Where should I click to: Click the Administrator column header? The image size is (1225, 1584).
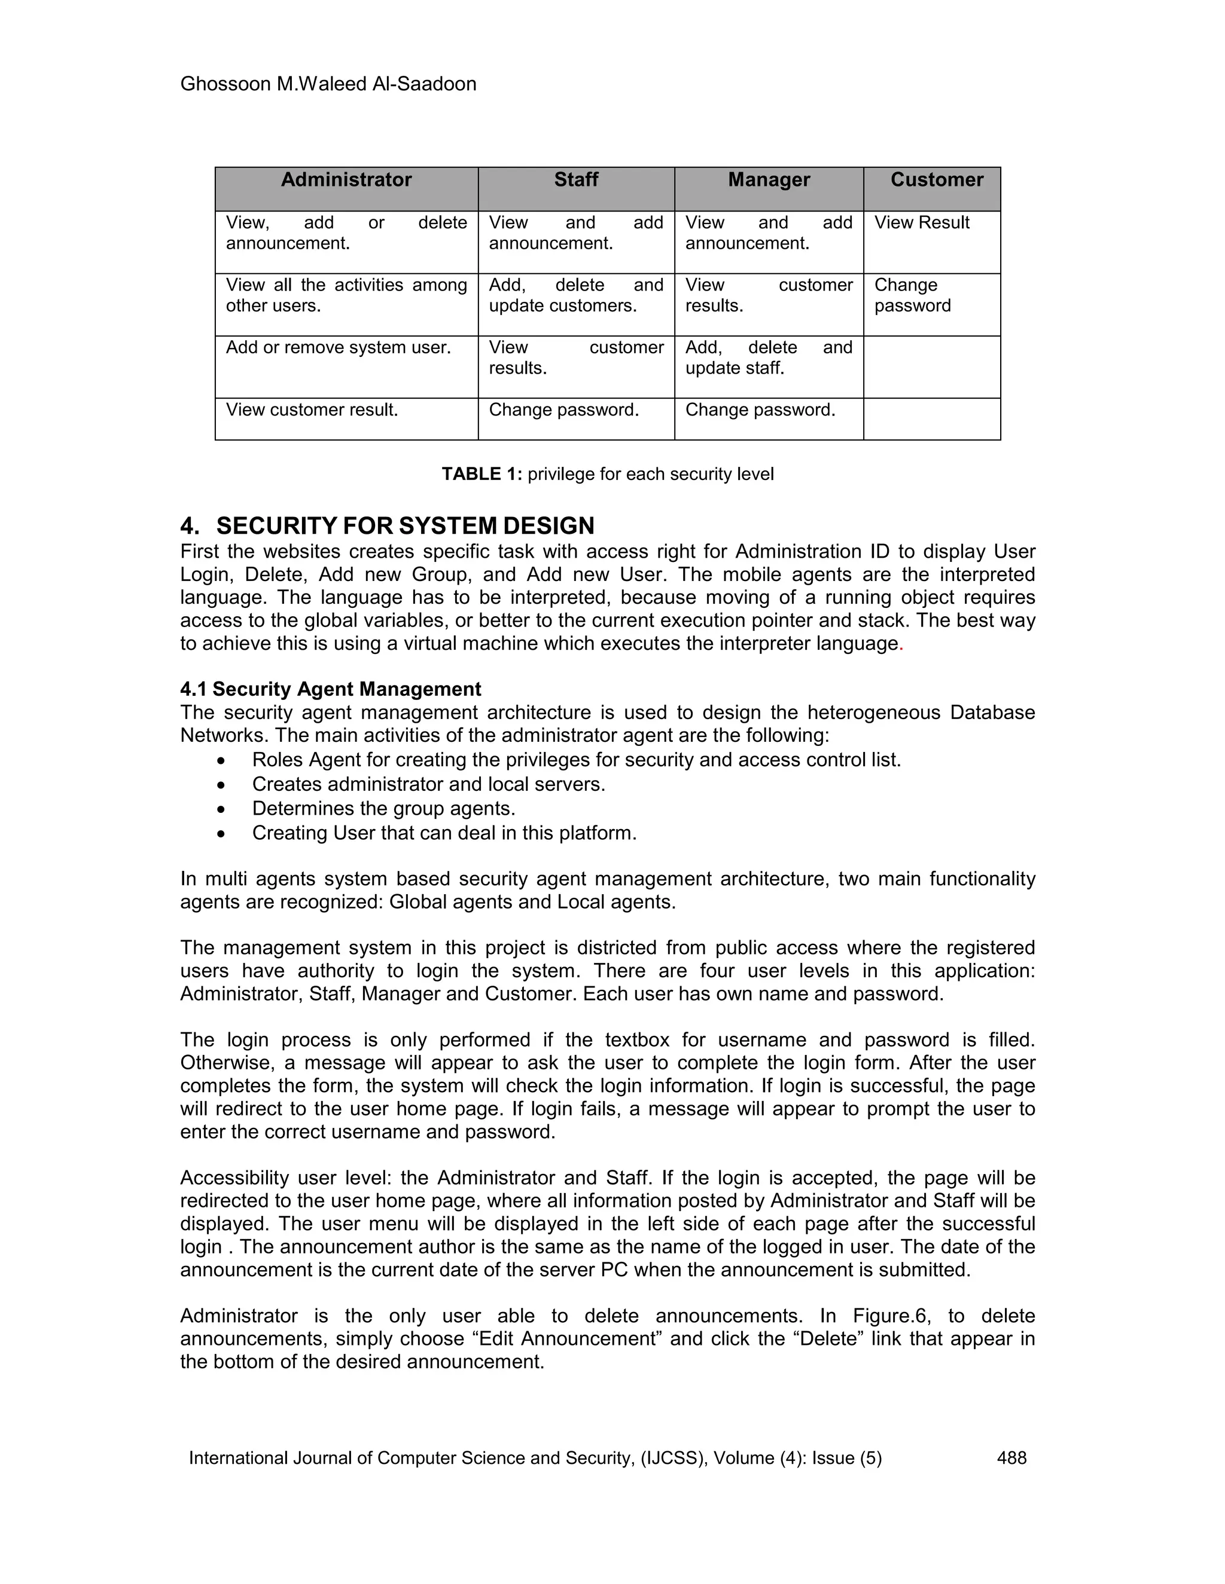(346, 180)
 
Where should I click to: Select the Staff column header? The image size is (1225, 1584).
(575, 180)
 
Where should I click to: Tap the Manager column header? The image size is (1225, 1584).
(769, 180)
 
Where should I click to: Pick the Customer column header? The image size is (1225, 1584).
(936, 180)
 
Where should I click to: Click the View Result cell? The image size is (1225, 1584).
(921, 223)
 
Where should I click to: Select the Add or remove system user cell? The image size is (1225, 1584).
(338, 347)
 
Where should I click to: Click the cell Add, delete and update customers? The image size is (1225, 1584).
(575, 295)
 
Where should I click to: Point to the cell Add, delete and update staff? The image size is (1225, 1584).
(769, 357)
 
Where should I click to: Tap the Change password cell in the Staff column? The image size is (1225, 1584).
(564, 410)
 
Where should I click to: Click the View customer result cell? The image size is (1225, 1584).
(312, 410)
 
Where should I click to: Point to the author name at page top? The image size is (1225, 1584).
(328, 84)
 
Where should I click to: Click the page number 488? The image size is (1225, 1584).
(1011, 1458)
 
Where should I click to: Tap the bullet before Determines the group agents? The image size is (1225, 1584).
(221, 809)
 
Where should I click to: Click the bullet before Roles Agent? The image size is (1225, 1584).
(221, 761)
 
